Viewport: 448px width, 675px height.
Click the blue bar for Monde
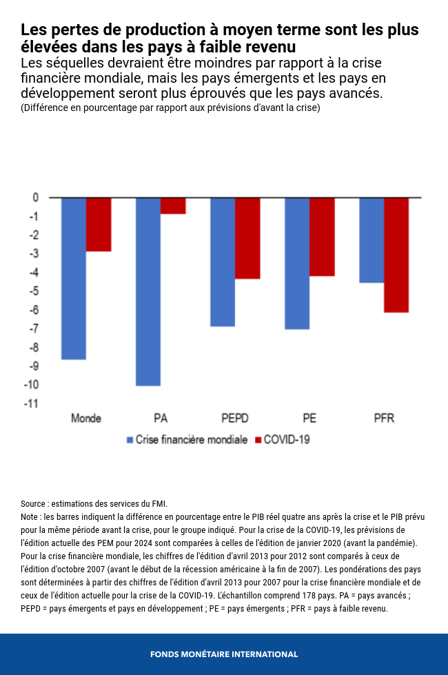(x=74, y=279)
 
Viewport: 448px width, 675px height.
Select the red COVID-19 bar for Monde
(x=99, y=224)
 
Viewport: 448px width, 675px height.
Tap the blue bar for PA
(x=148, y=291)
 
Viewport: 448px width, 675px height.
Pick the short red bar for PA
(x=173, y=205)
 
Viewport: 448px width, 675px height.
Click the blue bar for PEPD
(x=223, y=262)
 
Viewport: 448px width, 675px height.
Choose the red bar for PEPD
(x=247, y=238)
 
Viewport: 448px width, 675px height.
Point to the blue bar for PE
(x=297, y=263)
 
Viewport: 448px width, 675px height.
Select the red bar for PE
(x=322, y=236)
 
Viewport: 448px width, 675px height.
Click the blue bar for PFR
(x=371, y=240)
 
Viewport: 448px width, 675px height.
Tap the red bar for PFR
(x=396, y=255)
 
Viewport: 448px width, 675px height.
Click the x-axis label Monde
(x=86, y=419)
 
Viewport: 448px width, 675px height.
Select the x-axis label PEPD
(x=235, y=419)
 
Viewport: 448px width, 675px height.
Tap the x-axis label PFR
(x=384, y=419)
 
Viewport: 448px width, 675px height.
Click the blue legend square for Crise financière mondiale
(x=130, y=440)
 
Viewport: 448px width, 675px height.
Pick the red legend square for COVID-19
(x=259, y=440)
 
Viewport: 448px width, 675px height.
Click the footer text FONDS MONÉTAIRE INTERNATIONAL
(x=224, y=654)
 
